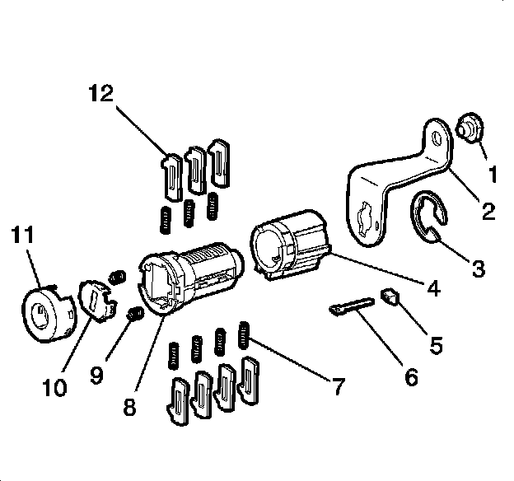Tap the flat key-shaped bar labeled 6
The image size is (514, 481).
coord(349,308)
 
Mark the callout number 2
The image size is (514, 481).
coord(489,212)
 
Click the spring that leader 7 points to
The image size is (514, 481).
coord(245,333)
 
